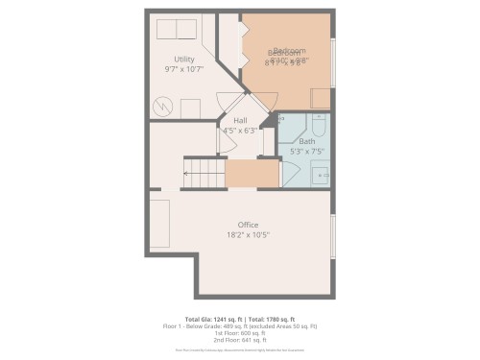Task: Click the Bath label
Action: [x=306, y=141]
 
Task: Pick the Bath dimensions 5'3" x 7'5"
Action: [x=306, y=152]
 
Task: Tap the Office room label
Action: [x=248, y=225]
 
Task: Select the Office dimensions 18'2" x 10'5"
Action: [x=248, y=235]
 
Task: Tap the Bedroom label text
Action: [x=288, y=51]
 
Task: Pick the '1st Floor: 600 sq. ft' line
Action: [x=240, y=333]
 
